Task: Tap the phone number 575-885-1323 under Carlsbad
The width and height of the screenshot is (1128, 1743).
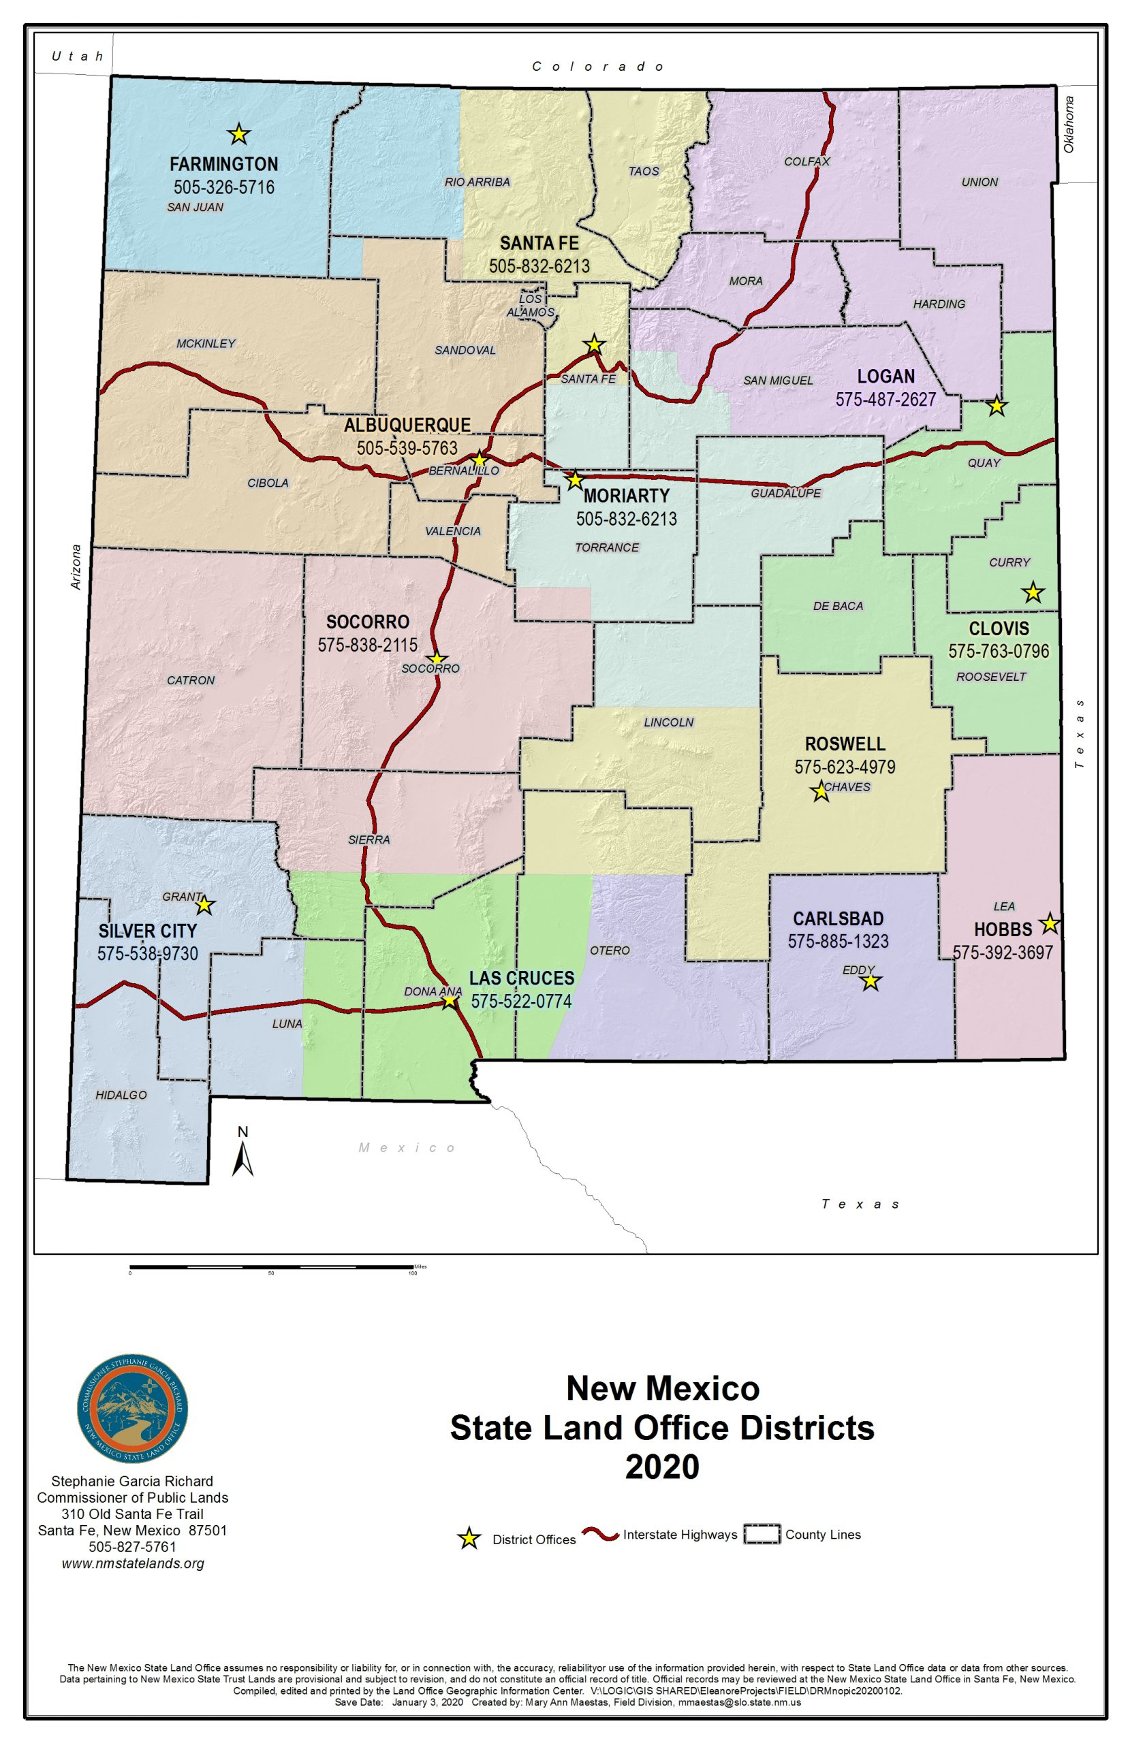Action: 838,942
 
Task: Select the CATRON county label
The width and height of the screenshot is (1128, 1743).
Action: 191,680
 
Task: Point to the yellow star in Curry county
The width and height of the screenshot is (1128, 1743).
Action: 1032,592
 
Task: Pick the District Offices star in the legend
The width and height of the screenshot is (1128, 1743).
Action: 469,1539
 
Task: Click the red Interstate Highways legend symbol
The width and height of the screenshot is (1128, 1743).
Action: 601,1535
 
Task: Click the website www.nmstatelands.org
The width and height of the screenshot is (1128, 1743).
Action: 133,1564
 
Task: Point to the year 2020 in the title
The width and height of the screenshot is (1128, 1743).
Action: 661,1467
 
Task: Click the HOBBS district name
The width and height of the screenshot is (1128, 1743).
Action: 1002,929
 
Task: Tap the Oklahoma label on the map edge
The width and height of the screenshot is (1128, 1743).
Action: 1069,125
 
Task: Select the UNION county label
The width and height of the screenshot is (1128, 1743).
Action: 980,182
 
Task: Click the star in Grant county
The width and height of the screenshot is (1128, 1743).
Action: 204,906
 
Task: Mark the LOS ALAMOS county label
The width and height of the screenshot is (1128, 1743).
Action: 531,305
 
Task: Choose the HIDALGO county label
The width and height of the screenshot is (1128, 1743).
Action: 121,1095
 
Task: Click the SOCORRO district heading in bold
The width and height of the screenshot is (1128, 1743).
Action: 367,622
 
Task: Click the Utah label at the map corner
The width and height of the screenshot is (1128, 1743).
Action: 78,57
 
